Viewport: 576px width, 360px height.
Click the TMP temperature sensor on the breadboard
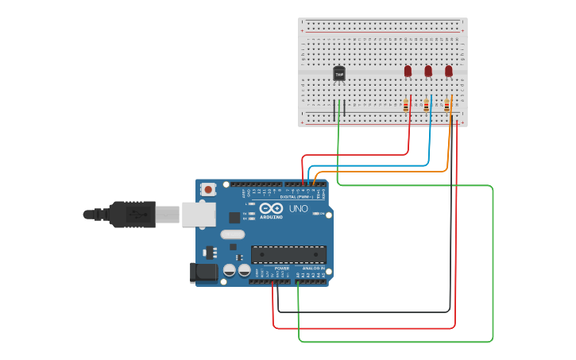(x=339, y=74)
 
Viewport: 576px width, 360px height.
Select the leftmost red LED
(x=408, y=72)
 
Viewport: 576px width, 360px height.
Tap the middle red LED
(x=428, y=72)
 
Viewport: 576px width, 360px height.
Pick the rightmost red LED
(x=448, y=72)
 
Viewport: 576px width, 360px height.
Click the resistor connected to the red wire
(x=406, y=105)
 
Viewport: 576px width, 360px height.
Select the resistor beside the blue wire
(x=427, y=105)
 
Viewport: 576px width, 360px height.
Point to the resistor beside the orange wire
(x=446, y=105)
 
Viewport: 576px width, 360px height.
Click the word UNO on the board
(x=298, y=208)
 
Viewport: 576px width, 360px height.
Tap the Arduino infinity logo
(x=271, y=208)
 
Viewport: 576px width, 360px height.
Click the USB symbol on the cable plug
(x=137, y=214)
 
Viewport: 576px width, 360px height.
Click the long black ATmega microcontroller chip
(x=288, y=254)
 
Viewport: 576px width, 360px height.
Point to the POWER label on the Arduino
(x=281, y=269)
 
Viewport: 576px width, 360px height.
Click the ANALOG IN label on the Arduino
(x=314, y=269)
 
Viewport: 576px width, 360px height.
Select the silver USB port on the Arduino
(x=199, y=214)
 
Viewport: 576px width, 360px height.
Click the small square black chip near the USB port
(x=234, y=217)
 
